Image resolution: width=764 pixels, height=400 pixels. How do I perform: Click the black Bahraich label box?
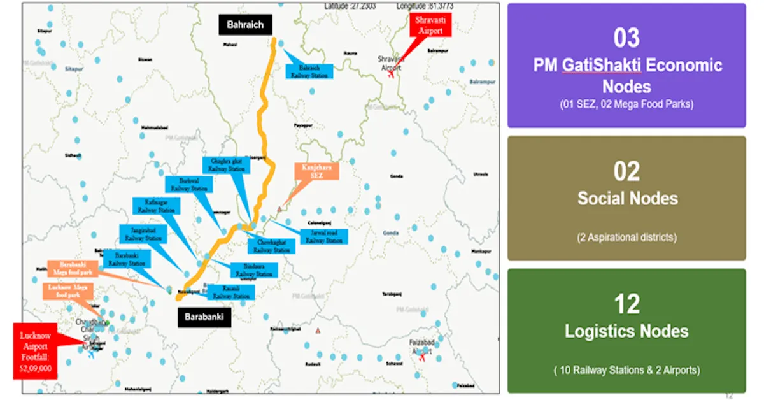[245, 25]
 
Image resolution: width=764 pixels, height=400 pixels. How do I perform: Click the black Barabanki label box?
[204, 317]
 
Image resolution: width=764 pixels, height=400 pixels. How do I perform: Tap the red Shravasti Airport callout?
[430, 25]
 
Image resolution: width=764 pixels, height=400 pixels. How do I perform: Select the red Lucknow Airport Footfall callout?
[36, 350]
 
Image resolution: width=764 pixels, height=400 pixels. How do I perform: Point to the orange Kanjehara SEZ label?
[316, 171]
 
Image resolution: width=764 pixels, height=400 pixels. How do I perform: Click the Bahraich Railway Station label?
[309, 71]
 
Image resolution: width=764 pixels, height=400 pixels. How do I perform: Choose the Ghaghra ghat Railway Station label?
[227, 165]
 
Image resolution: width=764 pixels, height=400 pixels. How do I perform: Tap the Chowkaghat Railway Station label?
[272, 246]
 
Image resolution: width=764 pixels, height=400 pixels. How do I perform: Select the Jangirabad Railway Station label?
[144, 234]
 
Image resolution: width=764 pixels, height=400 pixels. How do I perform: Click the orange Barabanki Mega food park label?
[73, 268]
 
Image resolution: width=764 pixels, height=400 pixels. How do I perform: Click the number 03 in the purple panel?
[626, 38]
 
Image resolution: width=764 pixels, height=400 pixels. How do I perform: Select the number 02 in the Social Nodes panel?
[626, 171]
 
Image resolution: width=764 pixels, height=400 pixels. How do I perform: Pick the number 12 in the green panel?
[626, 304]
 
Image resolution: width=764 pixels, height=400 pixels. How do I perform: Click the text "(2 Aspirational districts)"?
[626, 238]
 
